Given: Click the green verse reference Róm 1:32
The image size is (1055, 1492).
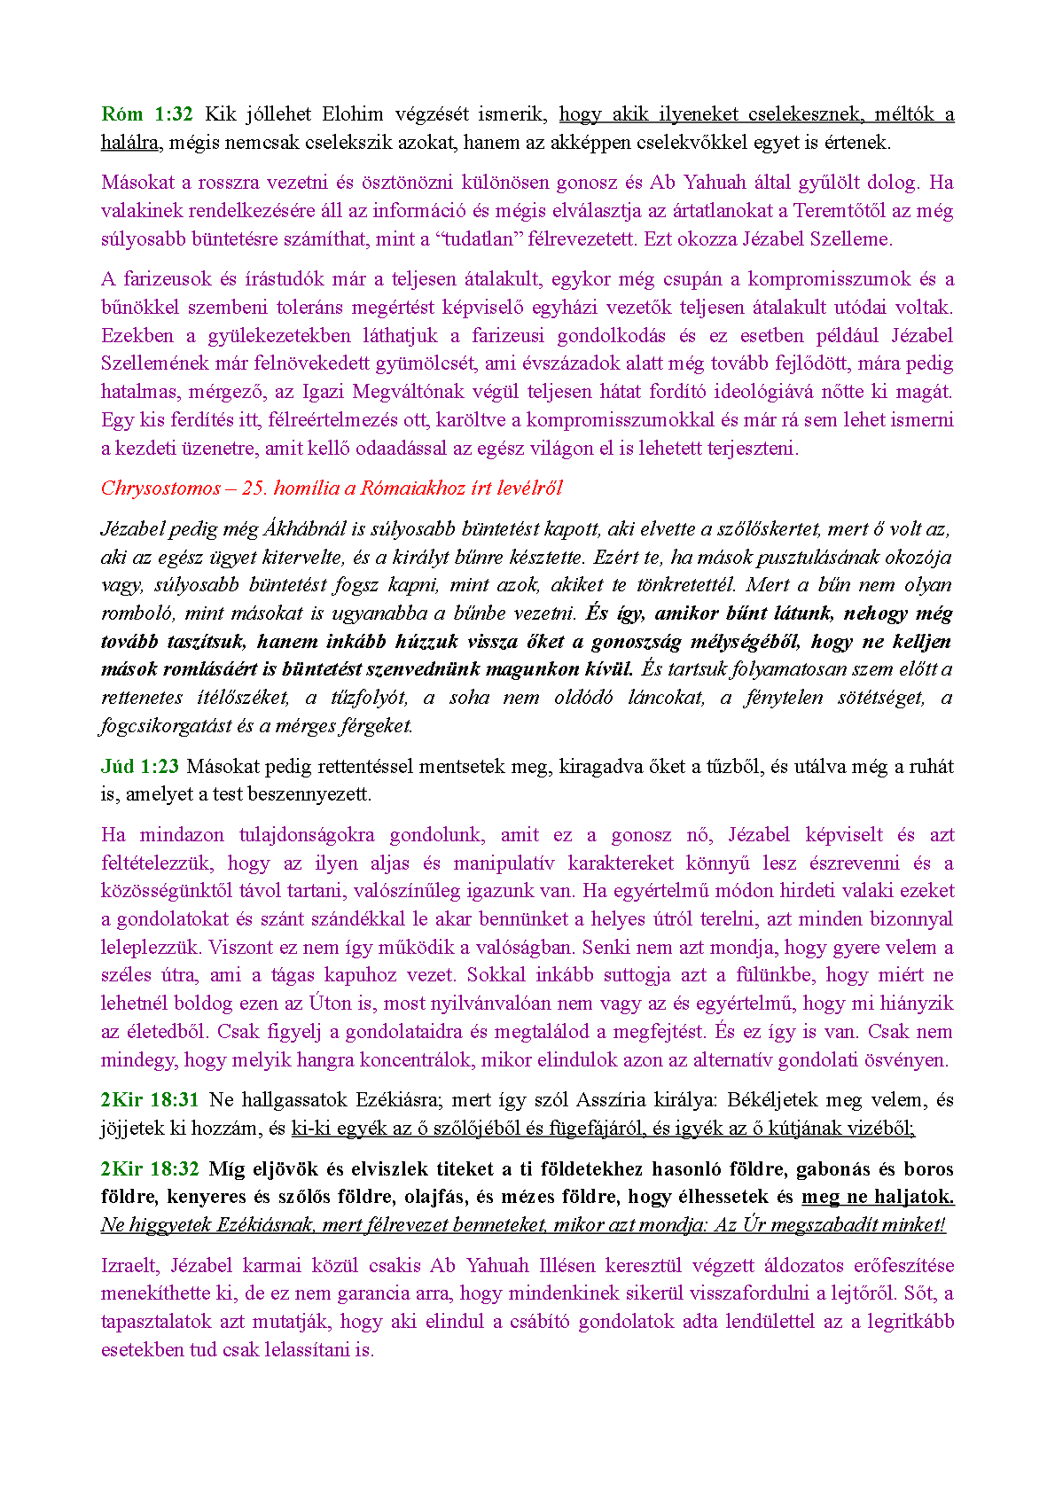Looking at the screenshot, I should (146, 114).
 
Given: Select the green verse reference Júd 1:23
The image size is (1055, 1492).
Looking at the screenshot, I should (139, 767).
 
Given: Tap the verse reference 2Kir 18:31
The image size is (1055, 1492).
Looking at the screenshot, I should (149, 1100).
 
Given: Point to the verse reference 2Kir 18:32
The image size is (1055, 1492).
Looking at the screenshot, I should (149, 1169).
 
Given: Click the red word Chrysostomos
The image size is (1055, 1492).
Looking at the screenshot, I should (160, 488).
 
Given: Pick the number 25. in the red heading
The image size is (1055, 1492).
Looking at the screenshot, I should (254, 488).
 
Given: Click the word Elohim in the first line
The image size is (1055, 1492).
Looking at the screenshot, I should (353, 114).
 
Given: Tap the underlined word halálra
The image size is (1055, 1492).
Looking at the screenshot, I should (129, 143).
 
